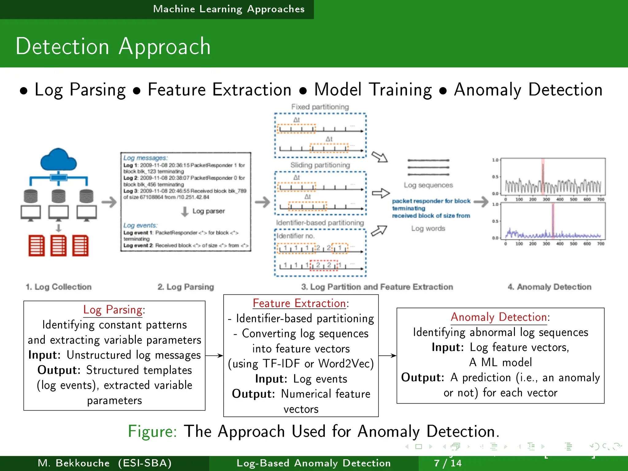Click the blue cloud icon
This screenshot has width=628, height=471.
coord(58,160)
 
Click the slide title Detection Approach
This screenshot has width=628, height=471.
coord(113,47)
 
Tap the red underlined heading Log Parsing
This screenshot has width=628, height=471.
coord(113,310)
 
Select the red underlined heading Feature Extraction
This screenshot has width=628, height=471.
coord(299,303)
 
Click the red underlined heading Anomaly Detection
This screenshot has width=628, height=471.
coord(499,317)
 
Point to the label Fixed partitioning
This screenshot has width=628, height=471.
coord(320,107)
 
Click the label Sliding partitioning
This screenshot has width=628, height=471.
coord(320,165)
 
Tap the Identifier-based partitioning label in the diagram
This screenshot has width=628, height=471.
coord(320,223)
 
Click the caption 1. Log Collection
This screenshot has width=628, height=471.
coord(59,287)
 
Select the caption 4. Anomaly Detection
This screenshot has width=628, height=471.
coord(549,287)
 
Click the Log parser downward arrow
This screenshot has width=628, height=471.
coord(185,211)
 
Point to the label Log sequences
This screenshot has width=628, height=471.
coord(428,185)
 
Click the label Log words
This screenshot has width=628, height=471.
coord(428,228)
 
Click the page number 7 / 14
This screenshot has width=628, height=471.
coord(447,463)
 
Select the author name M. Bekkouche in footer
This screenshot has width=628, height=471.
coord(74,463)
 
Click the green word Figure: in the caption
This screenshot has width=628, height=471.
coord(152,431)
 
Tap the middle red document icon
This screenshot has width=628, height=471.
coord(58,246)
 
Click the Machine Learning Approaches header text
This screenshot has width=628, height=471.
coord(229,9)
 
